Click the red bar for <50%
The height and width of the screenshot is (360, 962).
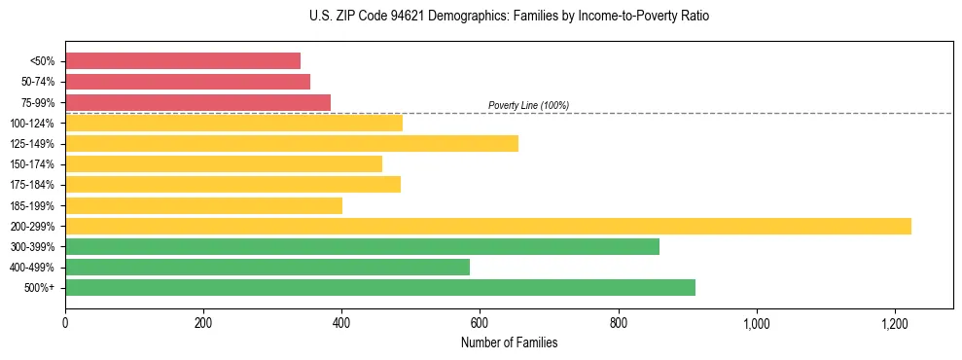183,60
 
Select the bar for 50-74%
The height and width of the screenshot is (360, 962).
188,82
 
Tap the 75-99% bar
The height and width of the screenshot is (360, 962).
197,102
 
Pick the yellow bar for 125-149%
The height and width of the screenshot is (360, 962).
292,143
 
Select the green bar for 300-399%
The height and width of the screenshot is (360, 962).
362,246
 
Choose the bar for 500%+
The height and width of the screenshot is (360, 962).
380,287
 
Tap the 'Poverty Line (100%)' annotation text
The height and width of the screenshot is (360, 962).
528,105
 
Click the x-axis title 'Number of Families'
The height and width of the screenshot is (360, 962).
509,342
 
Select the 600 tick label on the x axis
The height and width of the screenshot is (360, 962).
480,323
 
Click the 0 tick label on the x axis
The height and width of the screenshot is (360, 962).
65,323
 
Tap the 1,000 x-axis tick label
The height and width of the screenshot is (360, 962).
756,323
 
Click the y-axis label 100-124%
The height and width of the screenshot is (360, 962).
32,124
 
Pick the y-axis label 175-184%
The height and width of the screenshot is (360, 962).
32,185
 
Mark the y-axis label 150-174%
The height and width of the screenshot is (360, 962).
32,164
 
